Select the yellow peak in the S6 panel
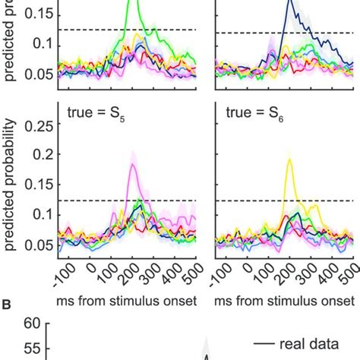290,159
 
